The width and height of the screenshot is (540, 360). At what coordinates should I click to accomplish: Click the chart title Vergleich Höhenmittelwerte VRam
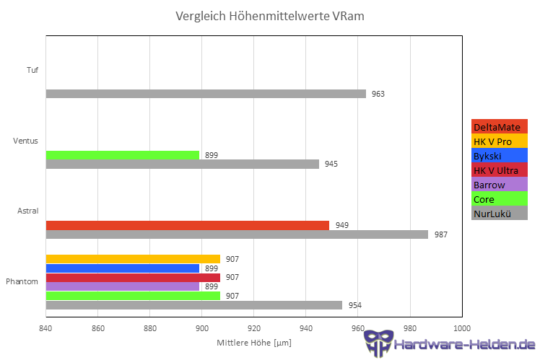click(x=275, y=16)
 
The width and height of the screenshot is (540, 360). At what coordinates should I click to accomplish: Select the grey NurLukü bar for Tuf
click(x=206, y=94)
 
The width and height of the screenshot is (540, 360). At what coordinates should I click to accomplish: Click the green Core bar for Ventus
click(x=122, y=155)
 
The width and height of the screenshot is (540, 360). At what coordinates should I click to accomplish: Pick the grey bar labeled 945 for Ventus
click(x=182, y=164)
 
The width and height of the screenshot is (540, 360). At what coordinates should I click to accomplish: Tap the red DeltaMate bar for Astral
click(x=187, y=225)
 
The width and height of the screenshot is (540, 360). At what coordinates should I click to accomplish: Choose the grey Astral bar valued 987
click(x=237, y=234)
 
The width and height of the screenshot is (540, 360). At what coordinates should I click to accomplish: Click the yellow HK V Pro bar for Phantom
click(x=133, y=259)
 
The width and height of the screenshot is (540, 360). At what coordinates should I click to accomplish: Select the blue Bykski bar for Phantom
click(x=122, y=268)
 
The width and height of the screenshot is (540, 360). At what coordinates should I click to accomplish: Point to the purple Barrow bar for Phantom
click(x=122, y=286)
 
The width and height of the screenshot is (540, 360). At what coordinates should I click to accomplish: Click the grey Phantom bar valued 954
click(x=193, y=305)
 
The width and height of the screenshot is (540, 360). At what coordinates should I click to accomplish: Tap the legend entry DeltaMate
click(x=499, y=127)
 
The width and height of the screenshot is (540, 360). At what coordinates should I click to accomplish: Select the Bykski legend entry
click(x=499, y=156)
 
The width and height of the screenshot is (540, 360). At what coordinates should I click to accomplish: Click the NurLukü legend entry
click(x=499, y=213)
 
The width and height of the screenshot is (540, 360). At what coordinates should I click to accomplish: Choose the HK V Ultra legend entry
click(x=499, y=170)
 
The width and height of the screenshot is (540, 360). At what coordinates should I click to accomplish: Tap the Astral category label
click(x=28, y=211)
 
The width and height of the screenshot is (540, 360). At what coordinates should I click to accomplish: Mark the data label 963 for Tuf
click(x=378, y=94)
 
